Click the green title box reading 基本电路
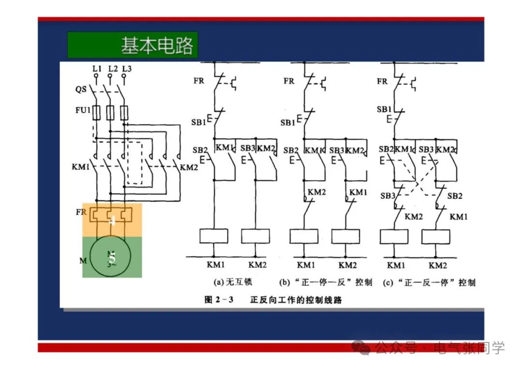[132, 45]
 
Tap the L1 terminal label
[97, 69]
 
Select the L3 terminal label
[127, 69]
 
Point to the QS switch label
[81, 89]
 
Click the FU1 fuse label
[83, 111]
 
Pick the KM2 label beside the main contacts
[189, 167]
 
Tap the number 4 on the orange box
[112, 221]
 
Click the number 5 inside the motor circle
[112, 257]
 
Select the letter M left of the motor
[83, 261]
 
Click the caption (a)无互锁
[232, 282]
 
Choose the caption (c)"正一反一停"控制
[429, 282]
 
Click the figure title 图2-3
[219, 300]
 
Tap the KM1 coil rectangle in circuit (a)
[214, 236]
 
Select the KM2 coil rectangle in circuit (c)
[436, 236]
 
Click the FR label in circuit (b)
[289, 81]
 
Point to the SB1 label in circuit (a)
[198, 122]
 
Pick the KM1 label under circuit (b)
[306, 265]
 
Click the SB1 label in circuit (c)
[384, 110]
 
